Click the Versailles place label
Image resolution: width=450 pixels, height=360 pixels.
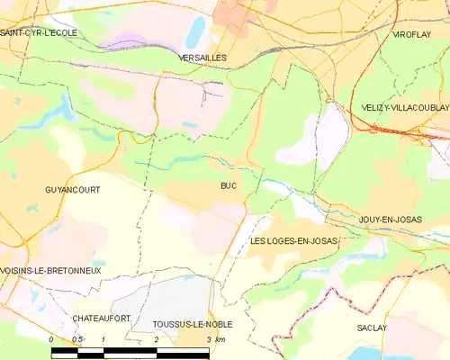click(x=202, y=57)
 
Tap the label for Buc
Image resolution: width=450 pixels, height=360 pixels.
click(x=229, y=186)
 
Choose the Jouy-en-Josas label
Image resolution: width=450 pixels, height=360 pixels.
click(x=390, y=220)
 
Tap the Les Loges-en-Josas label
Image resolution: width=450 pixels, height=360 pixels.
click(x=293, y=241)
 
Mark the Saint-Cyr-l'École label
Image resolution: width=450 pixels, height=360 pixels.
click(x=40, y=32)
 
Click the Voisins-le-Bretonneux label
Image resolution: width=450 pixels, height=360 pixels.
click(x=51, y=270)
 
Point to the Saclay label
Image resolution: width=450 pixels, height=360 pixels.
click(x=371, y=328)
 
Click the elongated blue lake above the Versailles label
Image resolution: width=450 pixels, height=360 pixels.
click(x=194, y=31)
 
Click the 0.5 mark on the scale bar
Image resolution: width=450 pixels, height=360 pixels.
click(x=78, y=338)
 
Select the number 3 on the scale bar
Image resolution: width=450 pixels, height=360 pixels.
click(x=209, y=338)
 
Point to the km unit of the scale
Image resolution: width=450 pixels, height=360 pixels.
click(x=221, y=338)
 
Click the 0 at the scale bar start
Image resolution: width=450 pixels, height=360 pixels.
click(x=52, y=338)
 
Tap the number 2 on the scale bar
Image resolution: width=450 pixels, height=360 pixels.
click(x=157, y=338)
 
